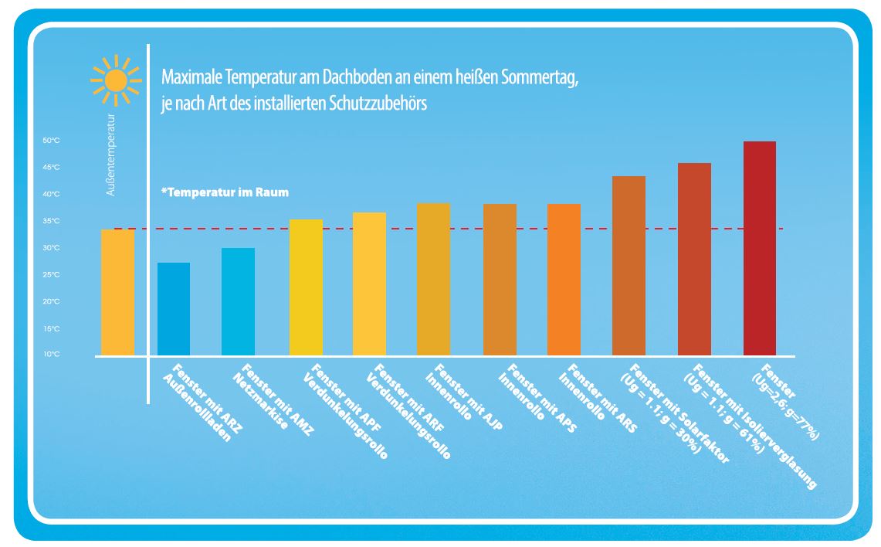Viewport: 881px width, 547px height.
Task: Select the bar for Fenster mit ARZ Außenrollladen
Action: (x=174, y=309)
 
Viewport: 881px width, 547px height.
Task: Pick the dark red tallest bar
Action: (x=759, y=249)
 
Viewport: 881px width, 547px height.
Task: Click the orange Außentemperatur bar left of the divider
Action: (x=117, y=293)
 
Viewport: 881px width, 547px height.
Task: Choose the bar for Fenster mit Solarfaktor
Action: (x=629, y=267)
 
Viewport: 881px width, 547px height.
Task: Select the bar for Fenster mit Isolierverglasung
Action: (x=694, y=260)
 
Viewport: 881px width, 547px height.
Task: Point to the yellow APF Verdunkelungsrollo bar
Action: (x=306, y=288)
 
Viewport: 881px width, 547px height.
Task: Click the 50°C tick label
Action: (x=51, y=141)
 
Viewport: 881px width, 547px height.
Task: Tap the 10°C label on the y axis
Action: (x=51, y=355)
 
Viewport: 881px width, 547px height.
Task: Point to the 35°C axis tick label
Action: (x=51, y=222)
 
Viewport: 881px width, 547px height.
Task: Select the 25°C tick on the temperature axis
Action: (x=51, y=275)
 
